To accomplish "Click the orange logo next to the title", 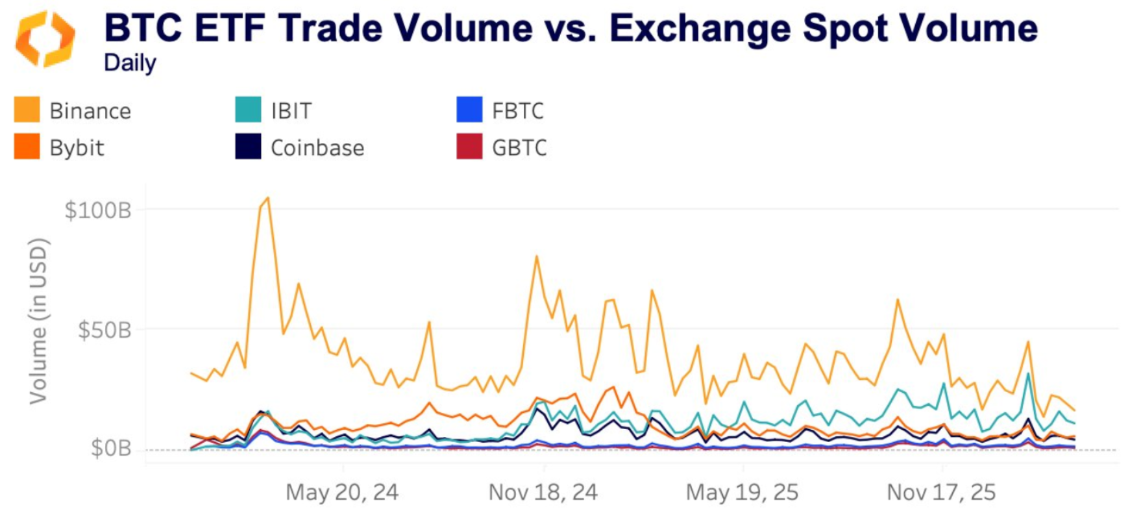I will pyautogui.click(x=44, y=39).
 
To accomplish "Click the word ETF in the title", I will pyautogui.click(x=230, y=29).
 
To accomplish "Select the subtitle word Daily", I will pyautogui.click(x=130, y=63).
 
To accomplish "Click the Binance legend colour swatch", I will pyautogui.click(x=27, y=110).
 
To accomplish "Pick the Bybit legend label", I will pyautogui.click(x=77, y=148).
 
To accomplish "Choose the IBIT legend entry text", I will pyautogui.click(x=291, y=111).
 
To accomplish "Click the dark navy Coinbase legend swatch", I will pyautogui.click(x=248, y=147).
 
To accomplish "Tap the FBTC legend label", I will pyautogui.click(x=517, y=111).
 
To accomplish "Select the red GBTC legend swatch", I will pyautogui.click(x=469, y=147).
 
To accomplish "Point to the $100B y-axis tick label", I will pyautogui.click(x=98, y=210).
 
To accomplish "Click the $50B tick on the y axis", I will pyautogui.click(x=104, y=330).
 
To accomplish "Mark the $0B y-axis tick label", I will pyautogui.click(x=110, y=448).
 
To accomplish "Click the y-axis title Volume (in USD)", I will pyautogui.click(x=38, y=321).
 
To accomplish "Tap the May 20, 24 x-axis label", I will pyautogui.click(x=342, y=492).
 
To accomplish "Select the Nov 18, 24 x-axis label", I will pyautogui.click(x=543, y=492).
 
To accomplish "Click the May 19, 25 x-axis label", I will pyautogui.click(x=742, y=492).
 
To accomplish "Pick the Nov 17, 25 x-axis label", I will pyautogui.click(x=941, y=492).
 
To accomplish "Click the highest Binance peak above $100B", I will pyautogui.click(x=267, y=199).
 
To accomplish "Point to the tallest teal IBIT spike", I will pyautogui.click(x=1028, y=374).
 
